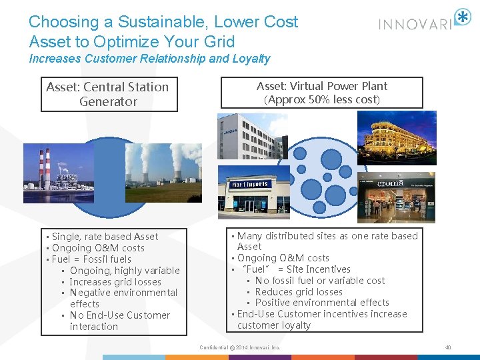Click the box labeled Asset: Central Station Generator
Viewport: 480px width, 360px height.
tap(107, 94)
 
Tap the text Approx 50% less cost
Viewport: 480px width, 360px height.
tap(322, 99)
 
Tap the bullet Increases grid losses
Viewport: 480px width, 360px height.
tap(115, 281)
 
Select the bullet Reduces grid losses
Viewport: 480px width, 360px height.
tap(299, 291)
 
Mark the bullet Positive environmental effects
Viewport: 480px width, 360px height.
tap(322, 303)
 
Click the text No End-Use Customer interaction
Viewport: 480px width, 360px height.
tap(119, 321)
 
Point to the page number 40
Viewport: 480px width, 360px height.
tap(448, 347)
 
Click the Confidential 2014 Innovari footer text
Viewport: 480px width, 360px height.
tap(240, 347)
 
